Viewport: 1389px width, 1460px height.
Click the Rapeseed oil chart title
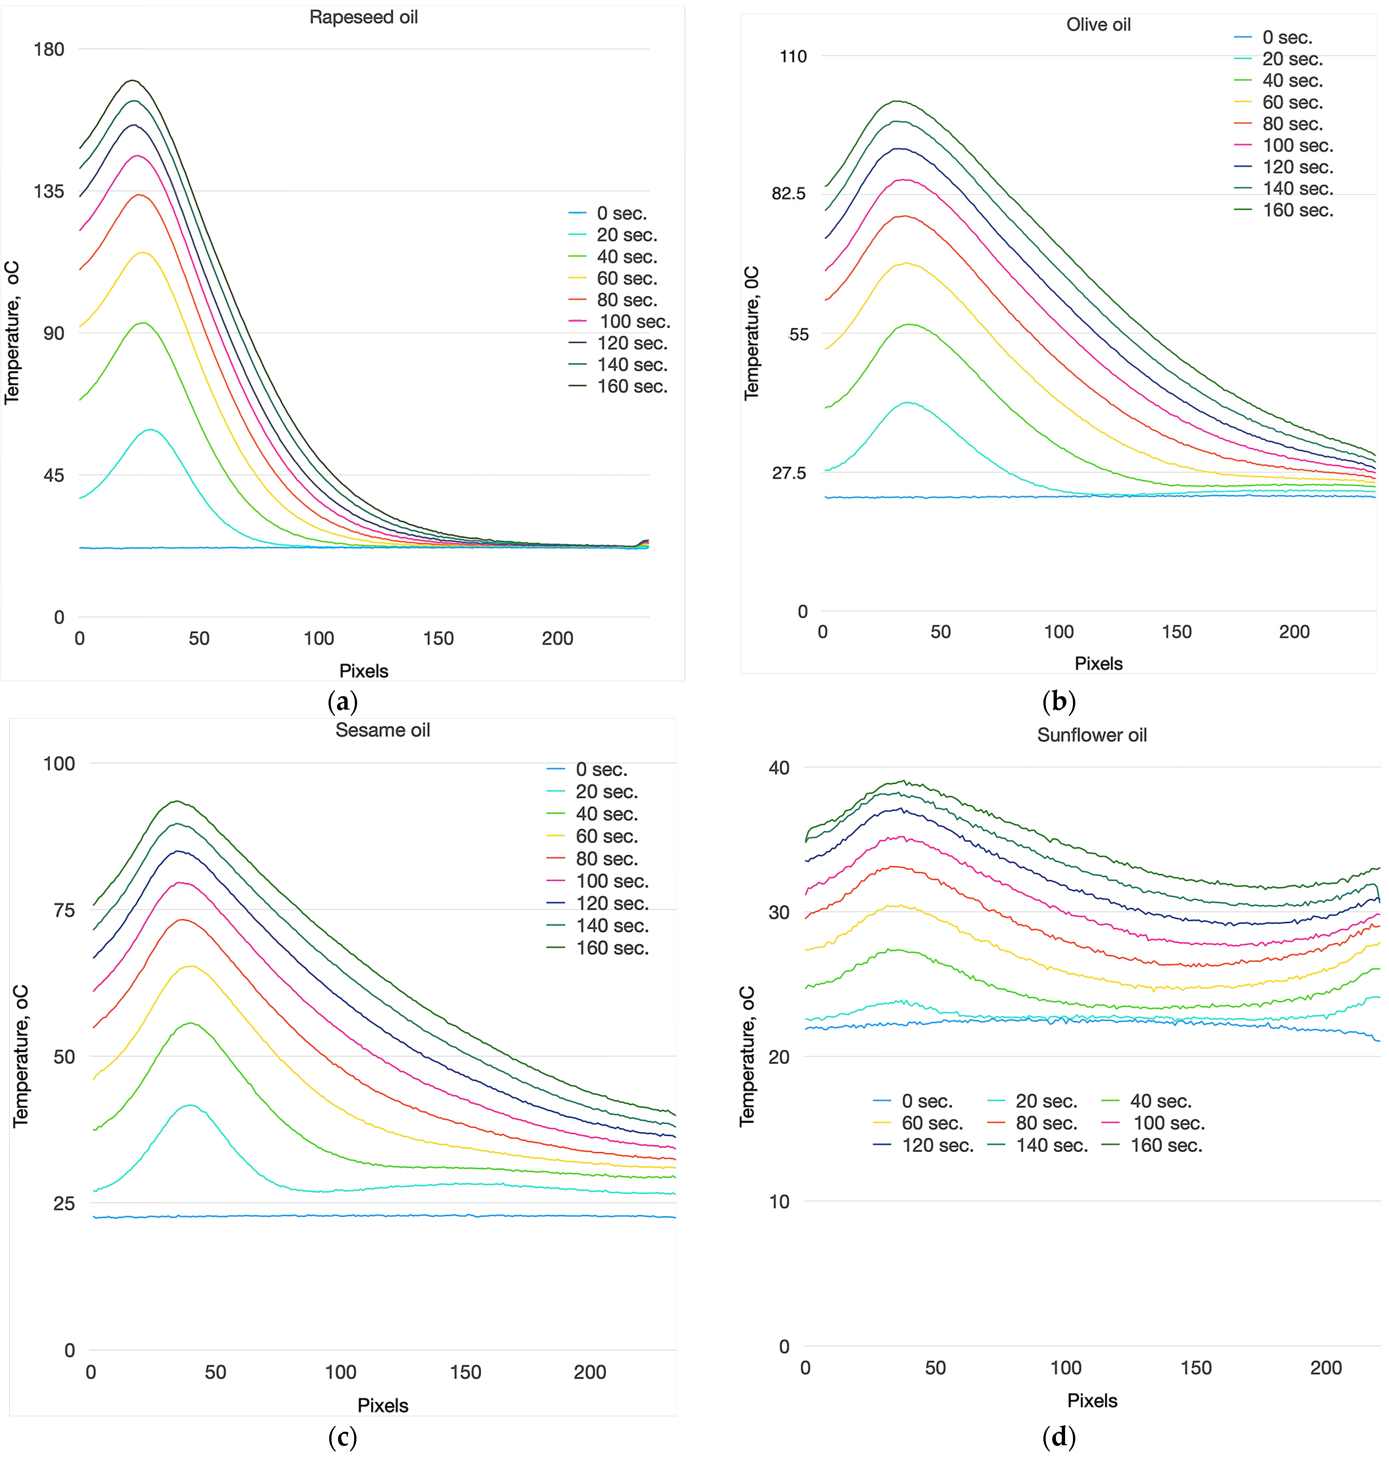pyautogui.click(x=364, y=17)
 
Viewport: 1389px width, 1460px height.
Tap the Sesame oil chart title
pyautogui.click(x=383, y=730)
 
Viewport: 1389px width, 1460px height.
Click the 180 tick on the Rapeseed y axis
pyautogui.click(x=49, y=50)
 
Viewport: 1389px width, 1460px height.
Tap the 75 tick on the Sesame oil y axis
pyautogui.click(x=64, y=911)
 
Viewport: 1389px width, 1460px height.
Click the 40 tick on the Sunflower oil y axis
pyautogui.click(x=779, y=768)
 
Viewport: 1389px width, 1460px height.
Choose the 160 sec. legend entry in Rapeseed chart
pyautogui.click(x=618, y=386)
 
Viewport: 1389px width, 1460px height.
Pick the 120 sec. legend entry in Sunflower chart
pyautogui.click(x=923, y=1145)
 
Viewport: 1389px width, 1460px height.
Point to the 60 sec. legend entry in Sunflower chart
pyautogui.click(x=918, y=1123)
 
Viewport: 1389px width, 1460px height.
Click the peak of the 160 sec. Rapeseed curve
pyautogui.click(x=132, y=80)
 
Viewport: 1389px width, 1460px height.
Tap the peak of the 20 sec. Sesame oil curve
pyautogui.click(x=190, y=1106)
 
